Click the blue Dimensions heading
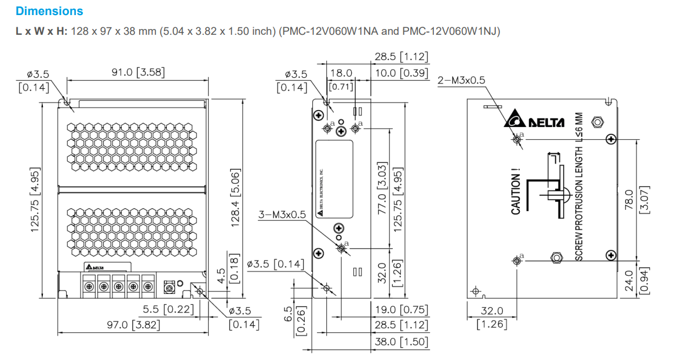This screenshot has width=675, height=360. pos(49,11)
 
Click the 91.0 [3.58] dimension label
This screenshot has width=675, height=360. pos(138,72)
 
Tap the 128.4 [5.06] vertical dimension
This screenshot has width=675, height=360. pos(236,198)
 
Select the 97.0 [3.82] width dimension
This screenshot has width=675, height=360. pos(133,325)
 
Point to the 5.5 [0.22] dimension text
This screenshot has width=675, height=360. pos(169,309)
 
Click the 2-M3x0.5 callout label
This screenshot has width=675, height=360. pos(461,80)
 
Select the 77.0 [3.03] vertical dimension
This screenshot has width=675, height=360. pos(382,197)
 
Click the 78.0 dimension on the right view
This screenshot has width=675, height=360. pos(630,199)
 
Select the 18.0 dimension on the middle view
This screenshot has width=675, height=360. pos(341,73)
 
